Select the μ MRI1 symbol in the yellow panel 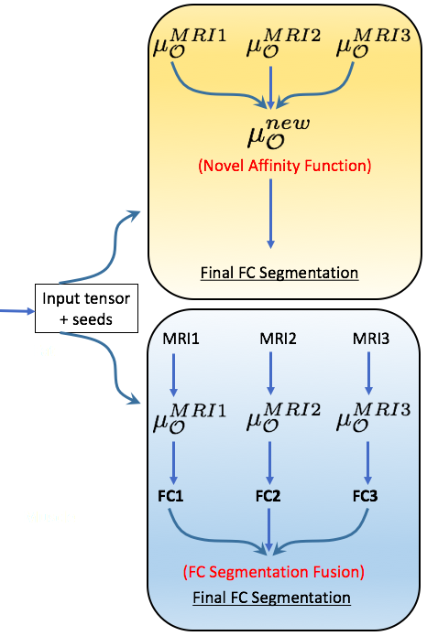188,46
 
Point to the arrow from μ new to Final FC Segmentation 270,213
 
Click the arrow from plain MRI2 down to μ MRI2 269,375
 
